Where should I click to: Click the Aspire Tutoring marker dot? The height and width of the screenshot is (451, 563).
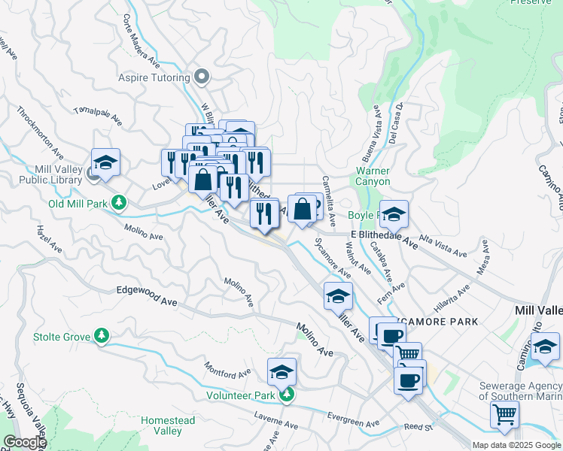tap(201, 76)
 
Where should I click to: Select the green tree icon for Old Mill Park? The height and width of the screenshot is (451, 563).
tap(119, 203)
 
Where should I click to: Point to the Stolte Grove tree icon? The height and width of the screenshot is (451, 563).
tap(101, 335)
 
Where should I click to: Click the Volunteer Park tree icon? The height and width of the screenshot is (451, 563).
tap(285, 394)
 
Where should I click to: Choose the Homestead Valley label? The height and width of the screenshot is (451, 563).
tap(168, 425)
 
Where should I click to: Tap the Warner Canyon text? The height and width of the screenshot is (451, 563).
tap(373, 176)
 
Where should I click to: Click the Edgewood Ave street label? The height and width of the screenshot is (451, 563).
tap(147, 295)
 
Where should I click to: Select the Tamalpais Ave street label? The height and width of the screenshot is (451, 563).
tap(97, 114)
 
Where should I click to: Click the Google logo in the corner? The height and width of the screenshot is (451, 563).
tap(25, 442)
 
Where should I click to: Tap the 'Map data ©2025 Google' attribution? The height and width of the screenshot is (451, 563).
tap(516, 445)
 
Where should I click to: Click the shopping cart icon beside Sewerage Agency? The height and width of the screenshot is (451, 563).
tap(504, 413)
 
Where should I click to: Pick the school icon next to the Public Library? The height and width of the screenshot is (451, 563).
tap(105, 162)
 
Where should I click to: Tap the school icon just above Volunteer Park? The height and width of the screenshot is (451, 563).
tap(281, 371)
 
